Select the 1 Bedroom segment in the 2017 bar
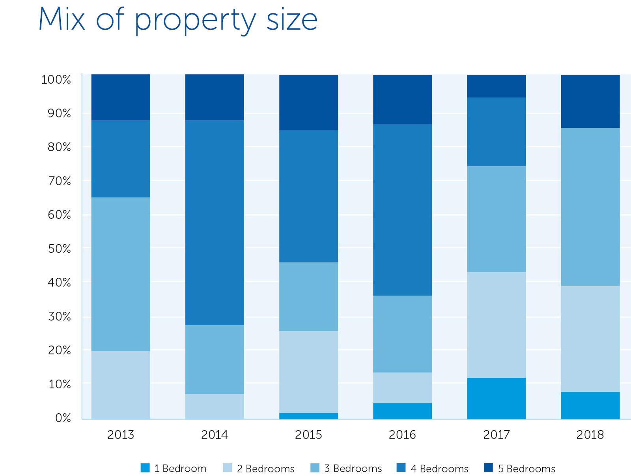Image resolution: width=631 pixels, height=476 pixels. click(496, 398)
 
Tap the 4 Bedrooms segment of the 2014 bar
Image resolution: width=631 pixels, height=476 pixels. click(215, 223)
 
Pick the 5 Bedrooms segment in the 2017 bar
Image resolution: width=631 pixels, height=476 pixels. click(496, 86)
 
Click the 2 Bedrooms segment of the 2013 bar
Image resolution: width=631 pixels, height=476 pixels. click(121, 384)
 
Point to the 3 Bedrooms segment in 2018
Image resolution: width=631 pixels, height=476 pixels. click(590, 206)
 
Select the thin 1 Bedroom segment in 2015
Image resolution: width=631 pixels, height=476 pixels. click(308, 416)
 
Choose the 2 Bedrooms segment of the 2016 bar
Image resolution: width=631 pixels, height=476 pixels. click(402, 387)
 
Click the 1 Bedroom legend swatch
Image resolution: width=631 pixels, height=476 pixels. click(145, 468)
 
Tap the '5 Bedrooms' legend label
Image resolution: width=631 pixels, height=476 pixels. click(526, 469)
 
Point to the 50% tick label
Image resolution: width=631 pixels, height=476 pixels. click(59, 249)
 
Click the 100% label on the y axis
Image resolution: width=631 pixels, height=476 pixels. click(56, 80)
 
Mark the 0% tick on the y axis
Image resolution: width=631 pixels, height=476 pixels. click(63, 418)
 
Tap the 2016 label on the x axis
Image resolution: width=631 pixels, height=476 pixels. click(402, 435)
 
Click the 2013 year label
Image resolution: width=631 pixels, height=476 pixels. click(121, 435)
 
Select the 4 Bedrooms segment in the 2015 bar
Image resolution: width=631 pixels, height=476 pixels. click(308, 196)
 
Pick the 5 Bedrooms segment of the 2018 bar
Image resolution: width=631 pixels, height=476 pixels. click(590, 101)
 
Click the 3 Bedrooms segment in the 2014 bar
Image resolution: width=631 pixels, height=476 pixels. click(215, 359)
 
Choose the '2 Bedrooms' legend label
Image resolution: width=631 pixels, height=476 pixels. click(265, 469)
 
